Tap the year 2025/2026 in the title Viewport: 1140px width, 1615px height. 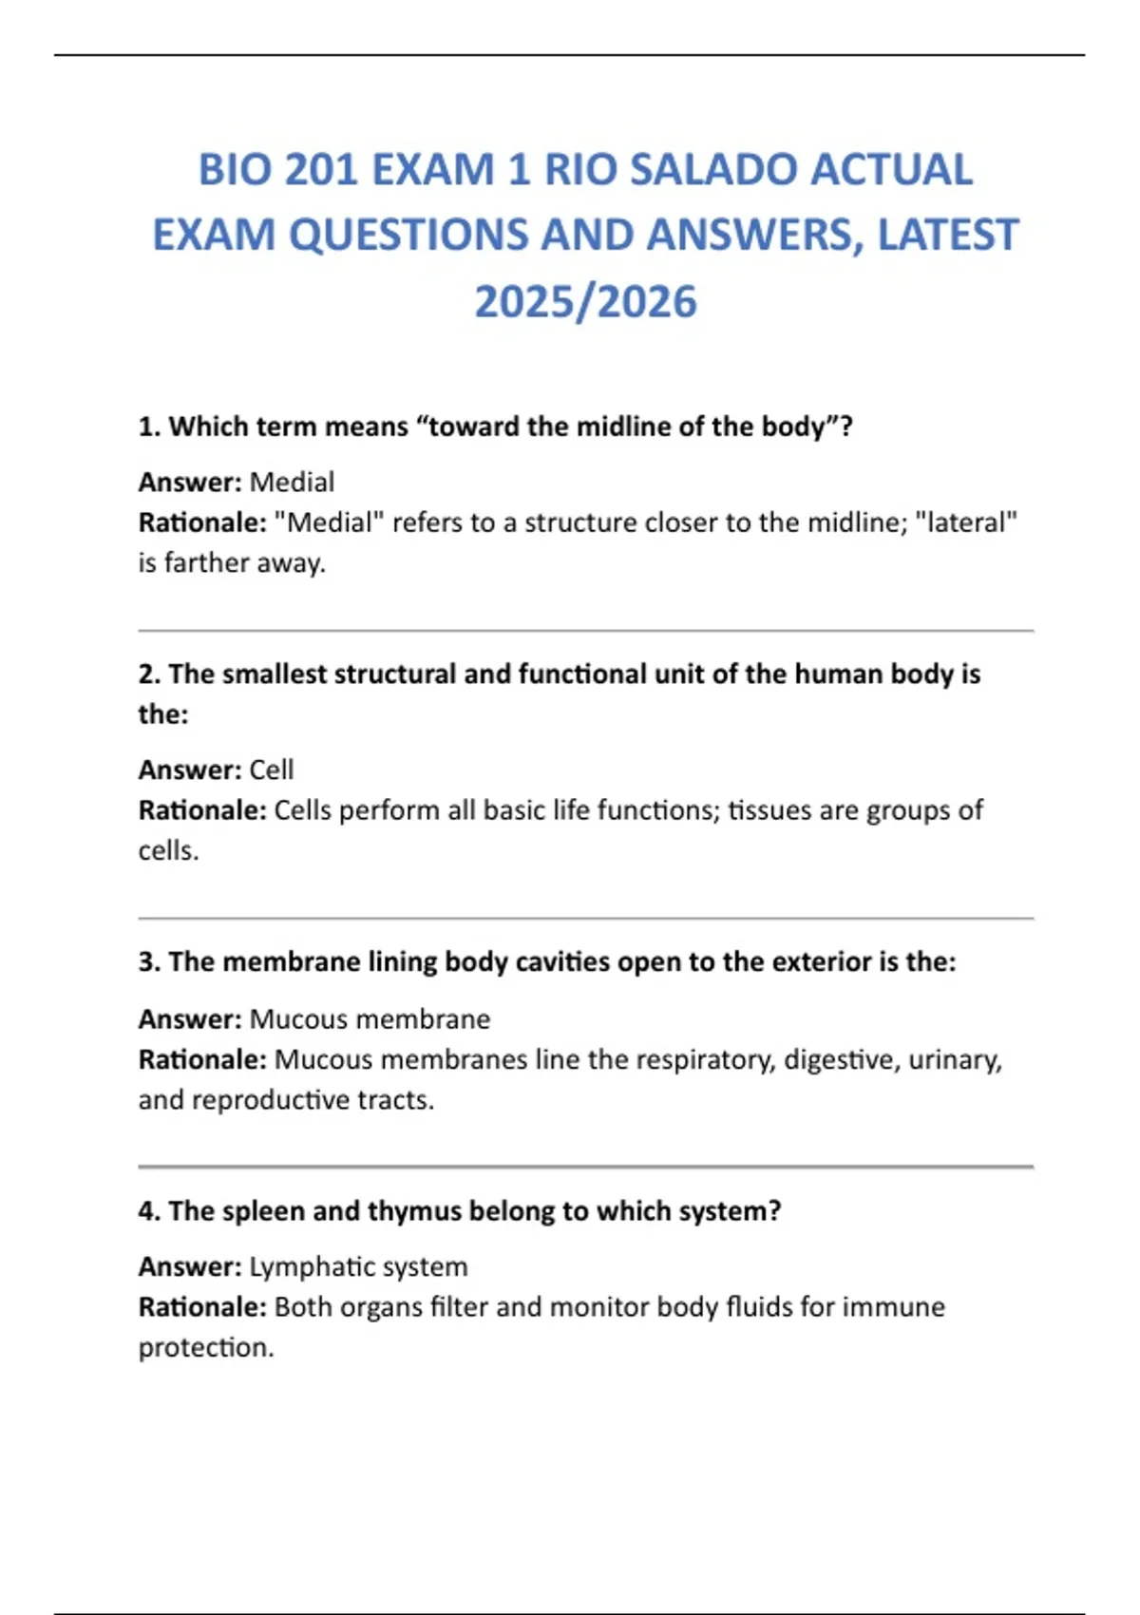[585, 302]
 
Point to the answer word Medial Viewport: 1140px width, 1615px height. [292, 483]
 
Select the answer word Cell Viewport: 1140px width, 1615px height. [271, 769]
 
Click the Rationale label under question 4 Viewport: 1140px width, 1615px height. [202, 1307]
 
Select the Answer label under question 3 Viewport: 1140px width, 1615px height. [190, 1019]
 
